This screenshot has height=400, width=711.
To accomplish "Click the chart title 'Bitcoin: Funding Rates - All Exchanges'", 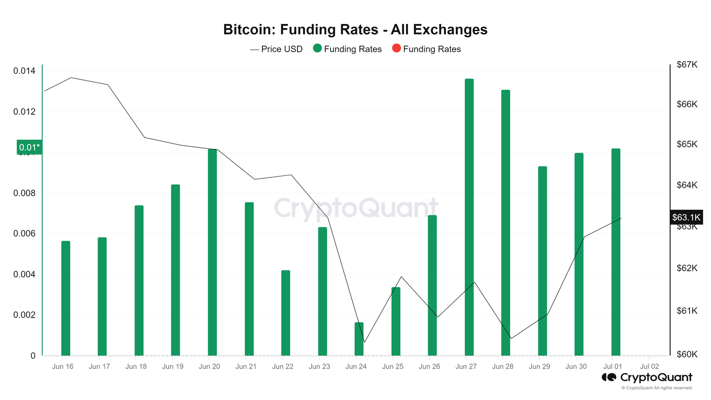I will [355, 30].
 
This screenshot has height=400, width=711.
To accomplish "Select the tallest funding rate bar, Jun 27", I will [469, 218].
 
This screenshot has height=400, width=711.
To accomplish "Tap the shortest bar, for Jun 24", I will [359, 339].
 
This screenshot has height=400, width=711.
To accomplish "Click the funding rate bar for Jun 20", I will [212, 252].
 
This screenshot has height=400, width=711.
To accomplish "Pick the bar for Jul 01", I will [616, 252].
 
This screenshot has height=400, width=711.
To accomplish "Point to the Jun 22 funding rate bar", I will [286, 313].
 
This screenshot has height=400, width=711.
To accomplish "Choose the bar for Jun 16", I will [66, 298].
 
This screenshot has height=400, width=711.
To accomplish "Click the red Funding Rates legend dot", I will [396, 49].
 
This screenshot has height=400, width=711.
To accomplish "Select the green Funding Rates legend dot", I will [317, 49].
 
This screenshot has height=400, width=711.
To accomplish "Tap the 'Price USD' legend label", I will [281, 49].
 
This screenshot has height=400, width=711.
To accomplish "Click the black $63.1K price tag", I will [686, 217].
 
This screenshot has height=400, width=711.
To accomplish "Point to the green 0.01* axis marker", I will [29, 147].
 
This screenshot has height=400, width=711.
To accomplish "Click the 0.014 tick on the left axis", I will [24, 71].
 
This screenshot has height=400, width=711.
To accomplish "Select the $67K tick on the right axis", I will [687, 64].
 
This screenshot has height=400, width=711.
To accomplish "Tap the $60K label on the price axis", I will [687, 354].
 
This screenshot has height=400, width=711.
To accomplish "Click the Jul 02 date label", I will [649, 366].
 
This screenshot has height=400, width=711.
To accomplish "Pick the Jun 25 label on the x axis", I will [393, 366].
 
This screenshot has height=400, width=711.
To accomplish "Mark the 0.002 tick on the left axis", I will [24, 315].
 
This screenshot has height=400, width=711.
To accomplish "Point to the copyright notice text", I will [657, 388].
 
